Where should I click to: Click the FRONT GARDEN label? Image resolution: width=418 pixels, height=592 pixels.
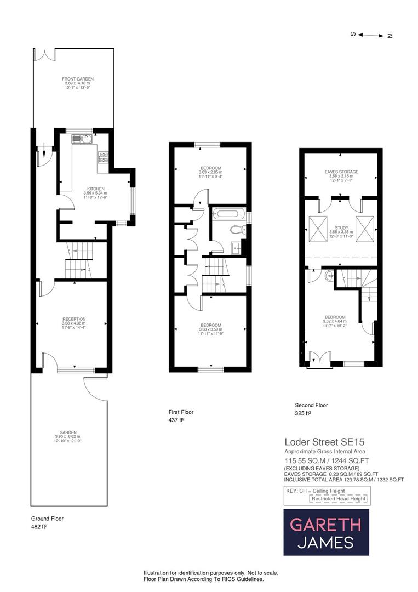74,79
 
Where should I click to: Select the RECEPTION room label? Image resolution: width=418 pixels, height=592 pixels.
74,319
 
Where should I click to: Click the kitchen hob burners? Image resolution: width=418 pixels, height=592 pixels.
103,158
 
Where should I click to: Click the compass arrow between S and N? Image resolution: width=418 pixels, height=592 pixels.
371,35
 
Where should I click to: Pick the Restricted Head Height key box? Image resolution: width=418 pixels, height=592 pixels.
339,499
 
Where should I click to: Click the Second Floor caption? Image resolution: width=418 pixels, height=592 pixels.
311,406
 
